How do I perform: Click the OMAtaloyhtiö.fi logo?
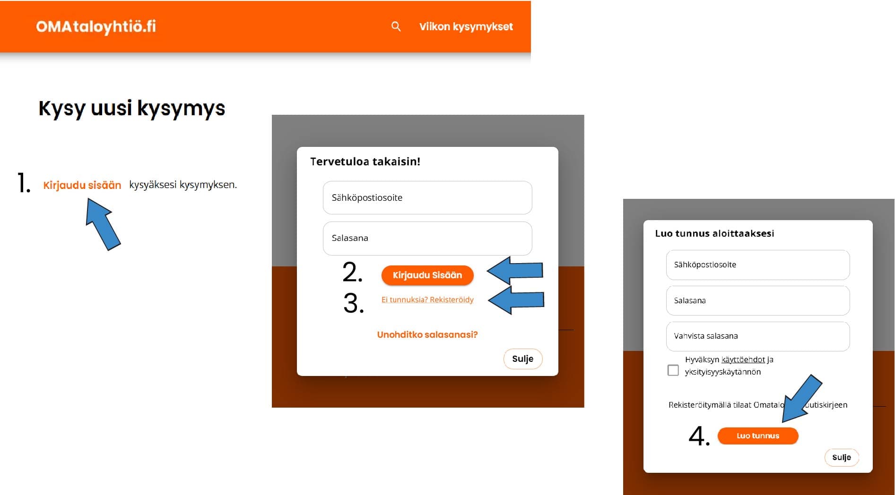pos(96,26)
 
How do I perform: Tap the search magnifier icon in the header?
pos(396,26)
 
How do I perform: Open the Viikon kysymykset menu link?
pos(466,27)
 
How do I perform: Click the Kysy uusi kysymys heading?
pos(131,108)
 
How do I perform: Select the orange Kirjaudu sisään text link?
pos(82,185)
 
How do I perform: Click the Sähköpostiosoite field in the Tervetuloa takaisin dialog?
pos(427,197)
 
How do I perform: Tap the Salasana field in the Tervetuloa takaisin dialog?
pos(427,238)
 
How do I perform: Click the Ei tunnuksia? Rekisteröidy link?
pos(427,299)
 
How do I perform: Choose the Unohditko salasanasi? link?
pos(427,334)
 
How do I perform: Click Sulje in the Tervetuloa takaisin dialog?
pos(523,359)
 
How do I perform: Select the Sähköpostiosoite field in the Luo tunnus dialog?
pos(758,265)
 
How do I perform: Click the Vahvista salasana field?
pos(758,336)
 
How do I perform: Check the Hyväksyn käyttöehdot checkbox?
pos(673,370)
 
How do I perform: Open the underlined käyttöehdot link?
pos(743,359)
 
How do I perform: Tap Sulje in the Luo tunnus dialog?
pos(842,457)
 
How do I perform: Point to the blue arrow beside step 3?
pos(516,300)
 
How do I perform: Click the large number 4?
pos(699,436)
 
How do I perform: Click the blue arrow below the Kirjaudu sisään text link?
pos(103,224)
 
